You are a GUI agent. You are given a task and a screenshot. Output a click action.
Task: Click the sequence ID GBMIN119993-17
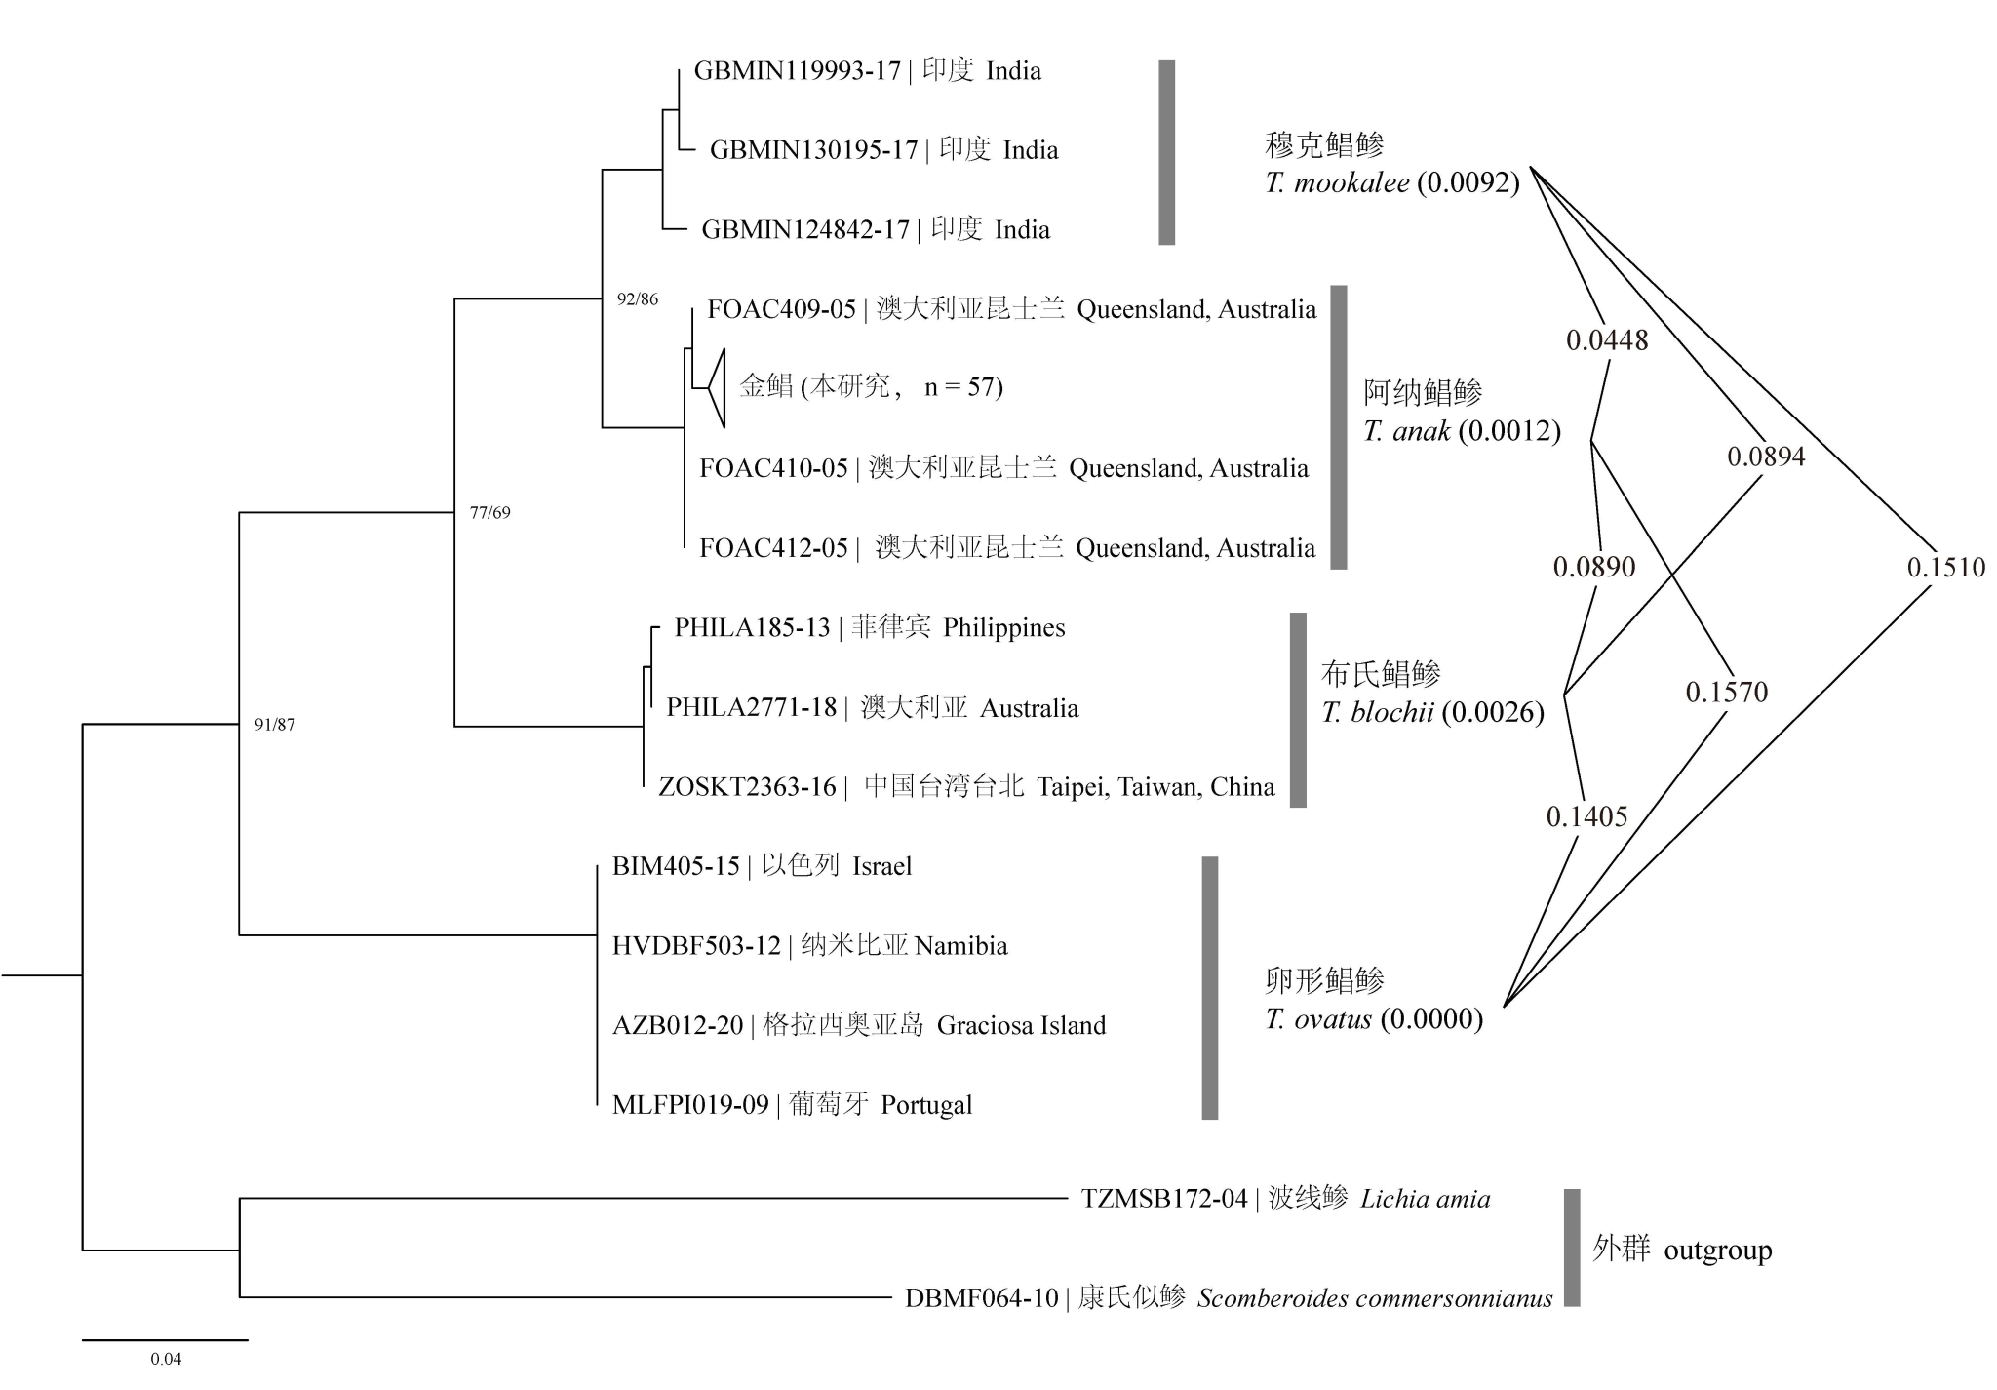coord(797,71)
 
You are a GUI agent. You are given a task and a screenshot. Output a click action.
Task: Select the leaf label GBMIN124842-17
coord(804,230)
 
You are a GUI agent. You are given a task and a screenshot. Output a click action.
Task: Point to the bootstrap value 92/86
coord(638,299)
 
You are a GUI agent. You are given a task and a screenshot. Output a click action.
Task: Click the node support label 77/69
coord(489,513)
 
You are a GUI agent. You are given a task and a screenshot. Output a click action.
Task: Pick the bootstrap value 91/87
coord(274,725)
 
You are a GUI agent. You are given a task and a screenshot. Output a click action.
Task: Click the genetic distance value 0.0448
coord(1607,340)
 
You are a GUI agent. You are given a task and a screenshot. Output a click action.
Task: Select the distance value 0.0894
coord(1766,457)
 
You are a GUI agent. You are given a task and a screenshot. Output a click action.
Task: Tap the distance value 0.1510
coord(1945,568)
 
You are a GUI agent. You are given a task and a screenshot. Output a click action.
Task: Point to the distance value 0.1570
coord(1726,693)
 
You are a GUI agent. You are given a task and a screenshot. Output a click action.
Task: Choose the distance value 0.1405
coord(1586,817)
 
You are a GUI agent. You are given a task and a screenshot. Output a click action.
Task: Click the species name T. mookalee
coord(1337,183)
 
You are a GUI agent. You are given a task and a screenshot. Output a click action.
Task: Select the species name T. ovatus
coord(1318,1020)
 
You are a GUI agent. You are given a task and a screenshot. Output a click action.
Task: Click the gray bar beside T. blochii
coord(1298,710)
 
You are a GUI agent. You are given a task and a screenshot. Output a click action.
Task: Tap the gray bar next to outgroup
coord(1572,1248)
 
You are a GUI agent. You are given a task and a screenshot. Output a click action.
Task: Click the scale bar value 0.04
coord(166,1359)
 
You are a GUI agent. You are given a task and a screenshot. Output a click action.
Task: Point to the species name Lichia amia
coord(1425,1199)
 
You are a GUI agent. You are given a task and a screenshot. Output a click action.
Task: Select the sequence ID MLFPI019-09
coord(690,1105)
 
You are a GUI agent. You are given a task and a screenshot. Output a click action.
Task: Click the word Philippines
coord(1003,628)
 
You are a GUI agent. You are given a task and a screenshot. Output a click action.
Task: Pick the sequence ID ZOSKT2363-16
coord(747,787)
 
